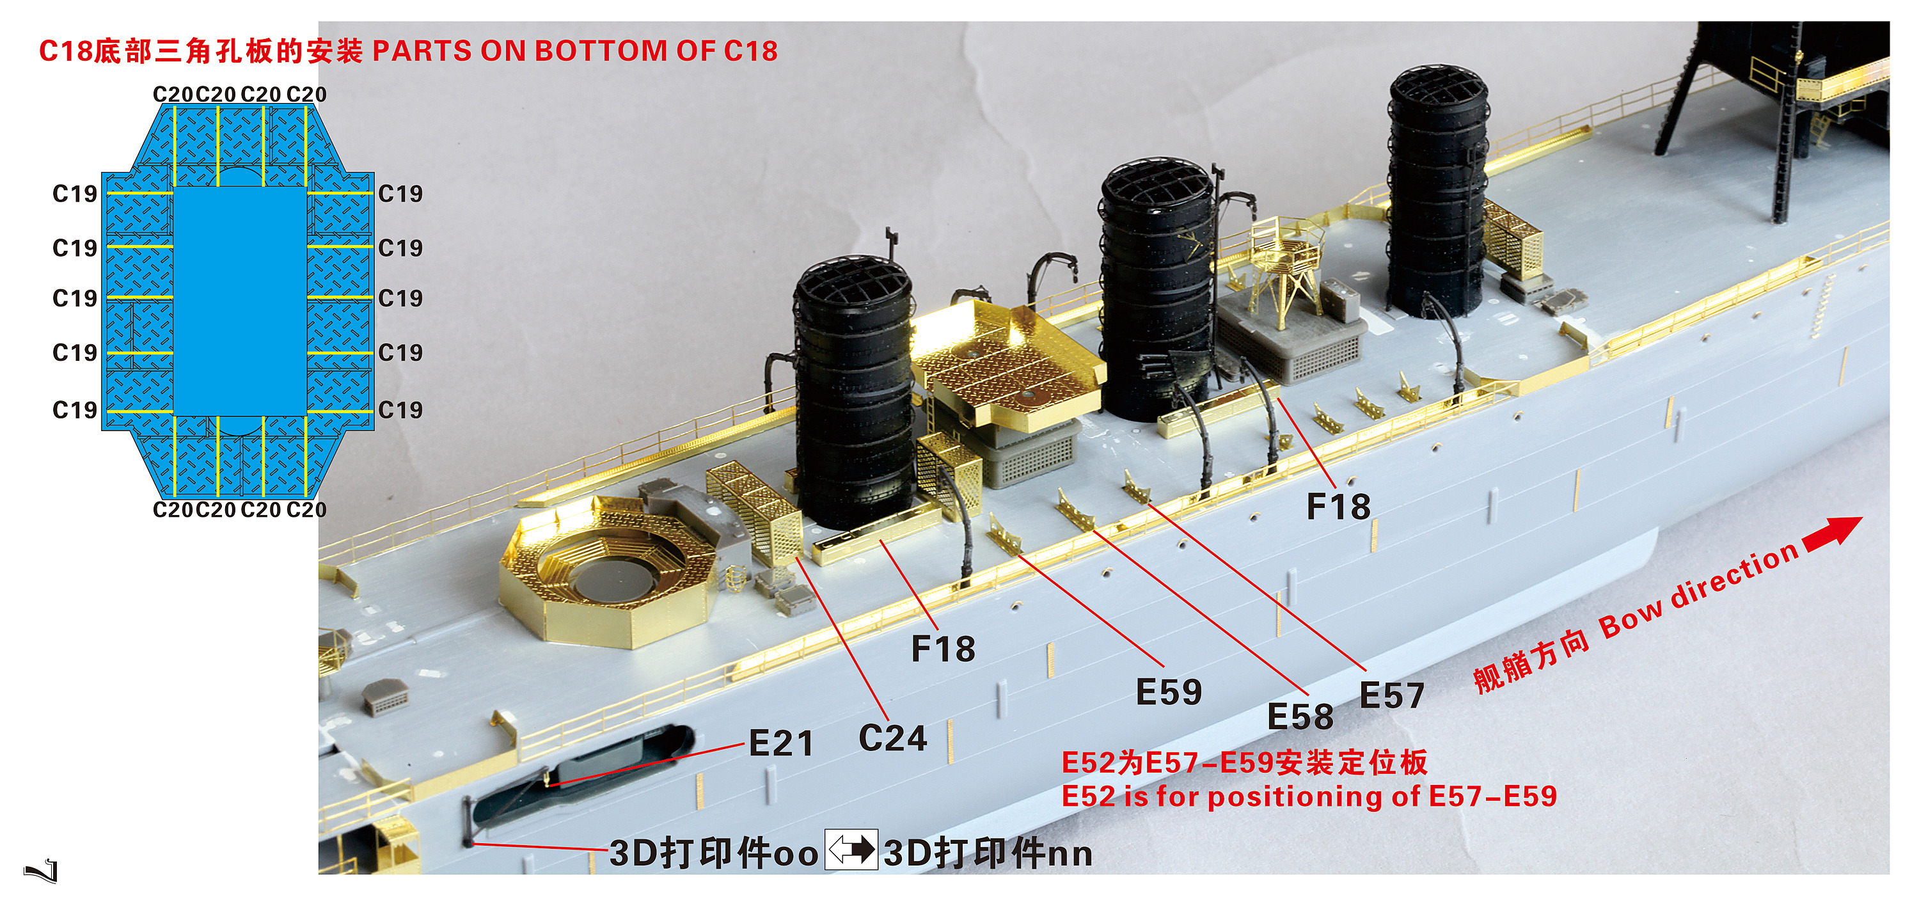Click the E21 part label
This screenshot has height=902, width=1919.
[x=780, y=743]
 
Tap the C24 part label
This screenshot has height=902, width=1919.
[x=892, y=738]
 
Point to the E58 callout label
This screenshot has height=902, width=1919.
[x=1300, y=716]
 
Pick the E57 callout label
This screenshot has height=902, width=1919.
[x=1391, y=695]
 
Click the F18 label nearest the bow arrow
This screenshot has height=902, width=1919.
[x=1338, y=507]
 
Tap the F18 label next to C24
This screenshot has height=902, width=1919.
[x=943, y=648]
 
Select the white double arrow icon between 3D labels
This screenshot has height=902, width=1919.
[x=851, y=849]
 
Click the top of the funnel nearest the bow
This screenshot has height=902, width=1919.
[x=1438, y=89]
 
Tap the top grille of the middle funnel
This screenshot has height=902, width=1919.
[x=1157, y=186]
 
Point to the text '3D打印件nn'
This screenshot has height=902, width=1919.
[x=988, y=853]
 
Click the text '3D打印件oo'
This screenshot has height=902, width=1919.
[x=714, y=853]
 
